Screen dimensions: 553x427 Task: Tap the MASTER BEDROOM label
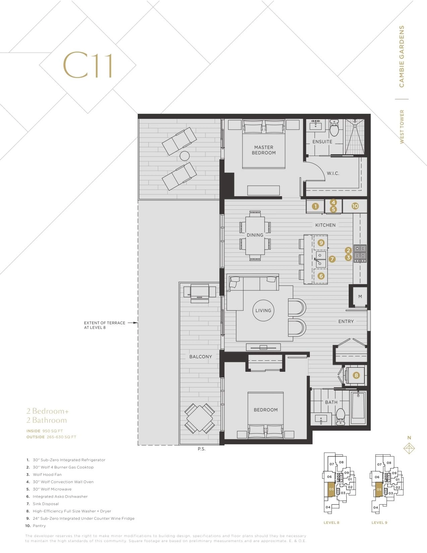264,150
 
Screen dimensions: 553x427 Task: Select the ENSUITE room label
322,142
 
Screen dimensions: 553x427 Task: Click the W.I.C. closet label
333,173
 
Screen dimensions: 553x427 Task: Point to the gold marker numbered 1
315,206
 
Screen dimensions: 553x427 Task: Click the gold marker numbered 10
355,206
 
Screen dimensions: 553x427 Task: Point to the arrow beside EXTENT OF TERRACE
133,323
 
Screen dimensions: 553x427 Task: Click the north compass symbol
409,448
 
